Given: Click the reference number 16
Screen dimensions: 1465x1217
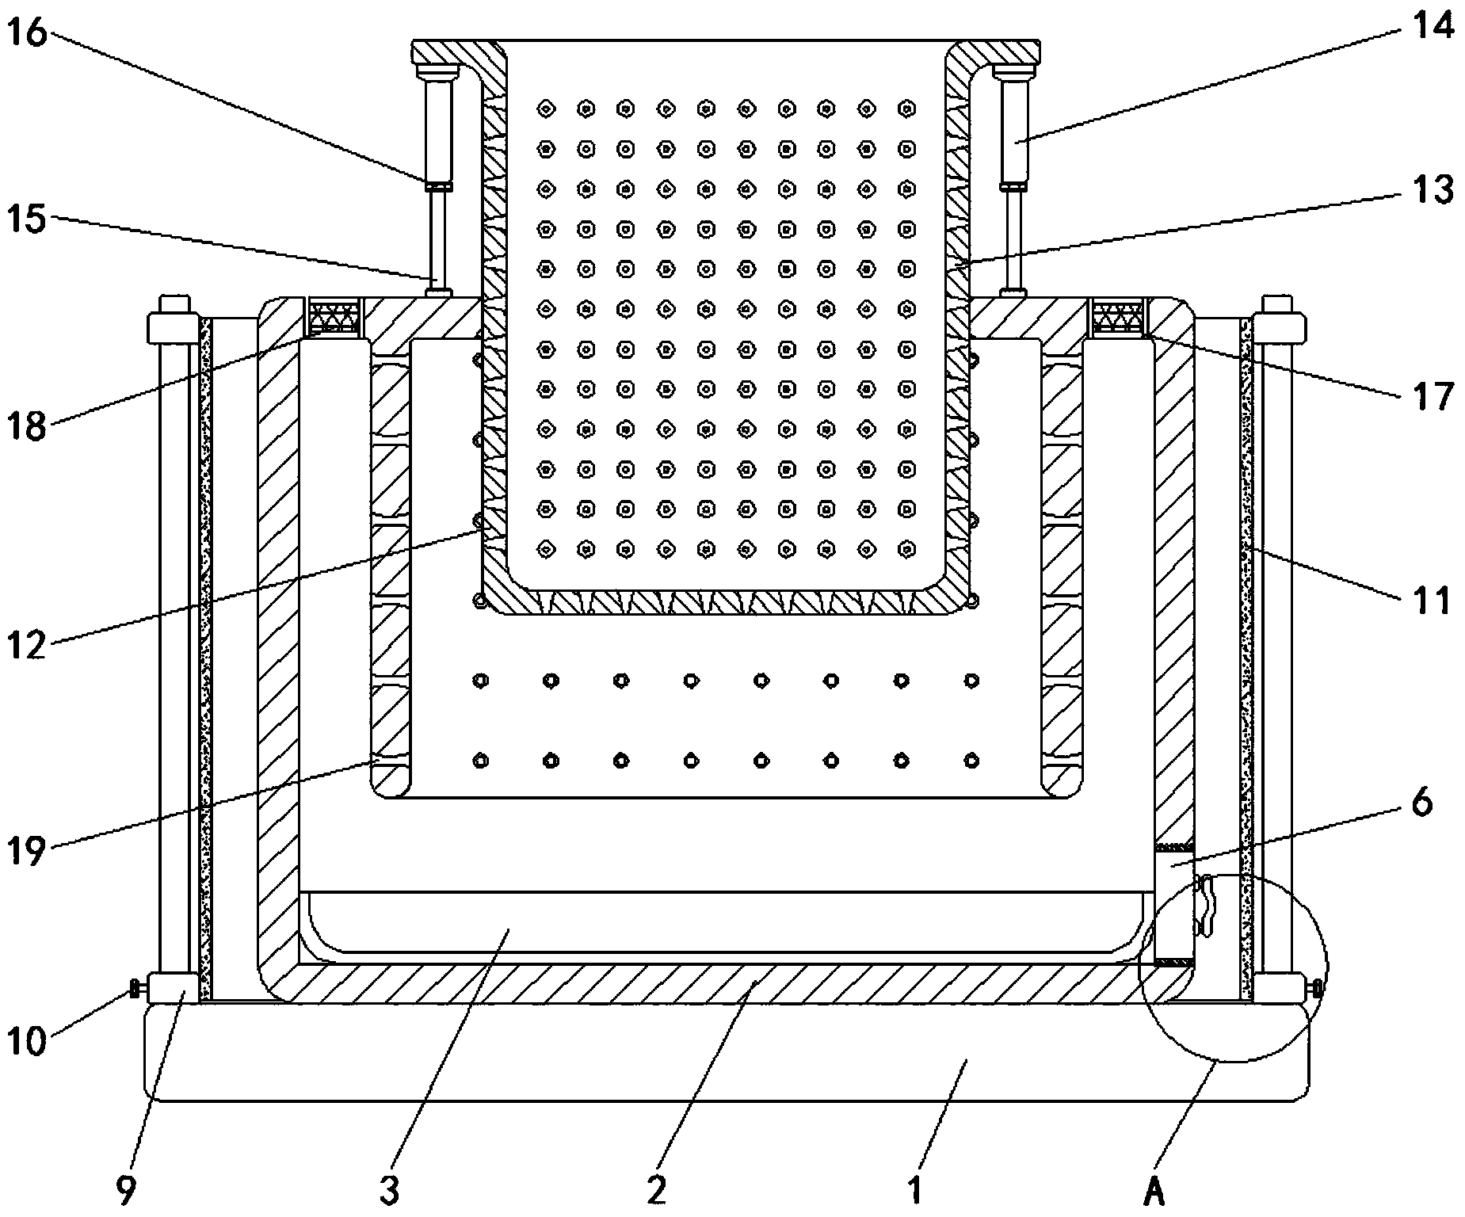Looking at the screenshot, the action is (x=29, y=34).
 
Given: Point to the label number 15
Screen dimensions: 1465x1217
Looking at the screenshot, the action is (x=28, y=217).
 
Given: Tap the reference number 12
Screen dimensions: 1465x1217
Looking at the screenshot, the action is (x=28, y=645).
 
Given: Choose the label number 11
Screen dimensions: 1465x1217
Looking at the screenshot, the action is (x=1432, y=601).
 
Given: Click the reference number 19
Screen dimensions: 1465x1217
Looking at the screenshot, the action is (x=28, y=853).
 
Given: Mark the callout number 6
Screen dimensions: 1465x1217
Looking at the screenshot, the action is (x=1422, y=803).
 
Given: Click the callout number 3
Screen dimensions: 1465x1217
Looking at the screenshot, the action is (x=387, y=1188).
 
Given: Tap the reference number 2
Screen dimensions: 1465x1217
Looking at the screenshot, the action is (x=657, y=1188).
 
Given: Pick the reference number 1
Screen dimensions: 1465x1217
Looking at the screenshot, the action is (x=915, y=1188).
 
